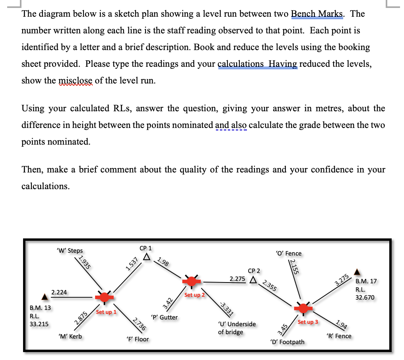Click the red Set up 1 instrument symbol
click(104, 296)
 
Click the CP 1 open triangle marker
click(147, 257)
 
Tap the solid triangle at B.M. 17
click(357, 273)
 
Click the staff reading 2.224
click(59, 292)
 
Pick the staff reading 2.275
click(237, 279)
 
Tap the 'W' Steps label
click(70, 250)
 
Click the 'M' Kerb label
click(70, 336)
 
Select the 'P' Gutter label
click(165, 317)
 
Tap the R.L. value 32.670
click(365, 297)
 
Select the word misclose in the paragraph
click(76, 81)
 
